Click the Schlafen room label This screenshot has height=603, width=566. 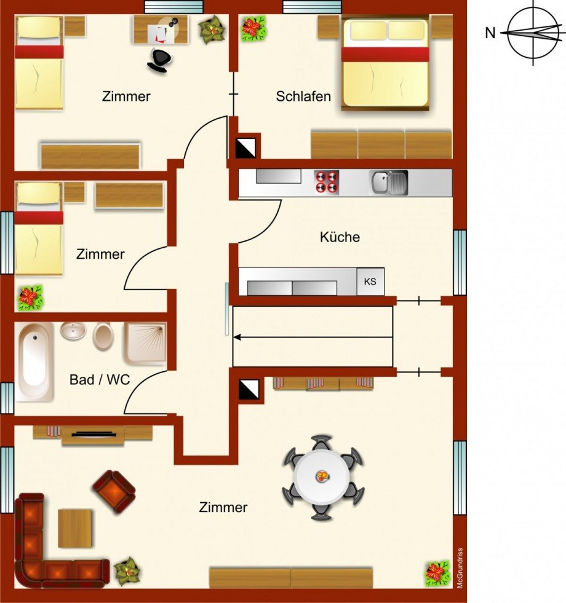pyautogui.click(x=303, y=96)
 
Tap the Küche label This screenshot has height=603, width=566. pyautogui.click(x=340, y=237)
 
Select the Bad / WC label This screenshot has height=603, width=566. pyautogui.click(x=100, y=380)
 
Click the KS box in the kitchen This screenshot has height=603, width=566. pyautogui.click(x=370, y=282)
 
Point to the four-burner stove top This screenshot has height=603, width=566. pyautogui.click(x=327, y=181)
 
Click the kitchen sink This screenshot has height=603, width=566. pyautogui.click(x=388, y=183)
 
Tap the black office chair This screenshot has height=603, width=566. pyautogui.click(x=159, y=60)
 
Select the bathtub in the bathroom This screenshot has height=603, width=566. pyautogui.click(x=34, y=362)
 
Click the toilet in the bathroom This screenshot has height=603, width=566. pyautogui.click(x=103, y=336)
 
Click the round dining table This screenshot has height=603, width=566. pyautogui.click(x=322, y=477)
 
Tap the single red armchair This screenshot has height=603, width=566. pyautogui.click(x=114, y=492)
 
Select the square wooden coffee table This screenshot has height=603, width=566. pyautogui.click(x=75, y=528)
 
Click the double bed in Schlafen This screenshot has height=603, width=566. pyautogui.click(x=385, y=63)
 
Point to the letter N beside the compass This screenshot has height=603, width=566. pyautogui.click(x=490, y=33)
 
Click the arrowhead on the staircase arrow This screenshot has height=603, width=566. pyautogui.click(x=237, y=337)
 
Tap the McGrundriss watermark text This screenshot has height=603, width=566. pyautogui.click(x=460, y=568)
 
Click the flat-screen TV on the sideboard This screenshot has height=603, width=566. pyautogui.click(x=94, y=435)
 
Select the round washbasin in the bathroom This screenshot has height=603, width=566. pyautogui.click(x=73, y=331)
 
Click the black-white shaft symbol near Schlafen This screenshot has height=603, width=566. pyautogui.click(x=245, y=148)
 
